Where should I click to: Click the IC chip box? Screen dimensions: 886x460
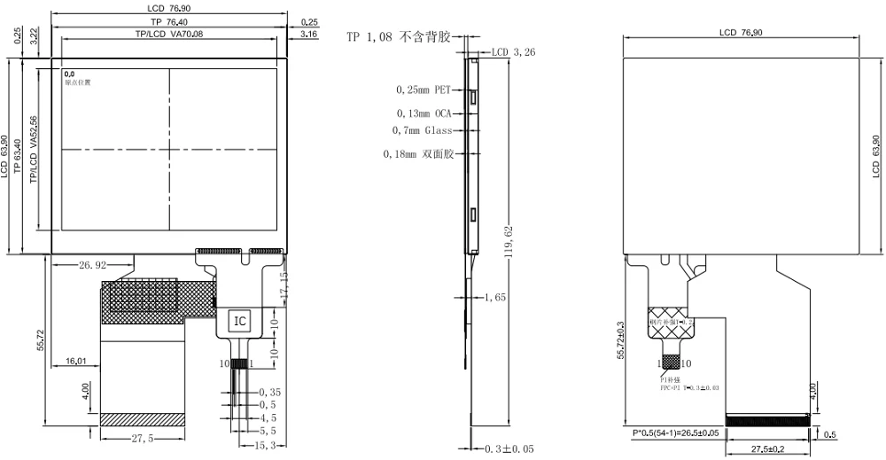[240, 320]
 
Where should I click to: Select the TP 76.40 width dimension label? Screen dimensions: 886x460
[168, 21]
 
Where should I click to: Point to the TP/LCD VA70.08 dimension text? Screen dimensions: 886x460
[168, 34]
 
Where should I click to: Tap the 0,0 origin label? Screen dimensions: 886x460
[69, 74]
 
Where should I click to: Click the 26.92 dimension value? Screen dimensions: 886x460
[93, 265]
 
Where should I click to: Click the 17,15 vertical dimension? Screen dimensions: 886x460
[284, 284]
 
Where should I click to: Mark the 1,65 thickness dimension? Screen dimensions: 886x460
[495, 298]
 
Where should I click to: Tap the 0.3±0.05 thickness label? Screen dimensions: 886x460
[509, 449]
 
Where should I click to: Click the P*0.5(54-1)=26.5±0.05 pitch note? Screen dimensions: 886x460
[675, 433]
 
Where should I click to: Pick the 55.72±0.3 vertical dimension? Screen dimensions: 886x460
[622, 339]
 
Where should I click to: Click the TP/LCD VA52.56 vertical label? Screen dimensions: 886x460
[34, 149]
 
